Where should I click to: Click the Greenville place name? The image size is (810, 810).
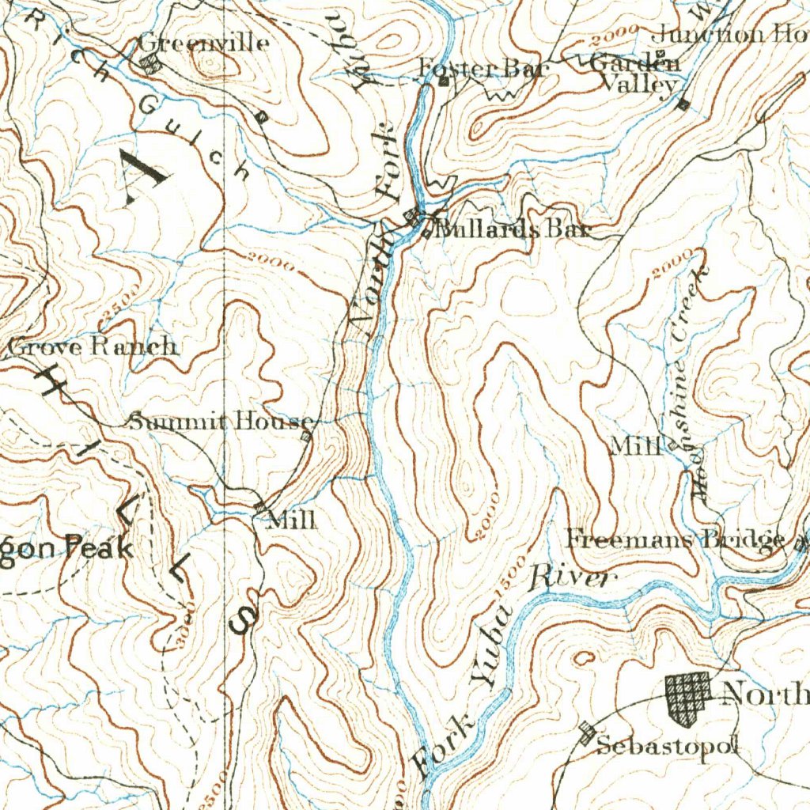pos(203,43)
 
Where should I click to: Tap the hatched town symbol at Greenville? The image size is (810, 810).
pos(150,66)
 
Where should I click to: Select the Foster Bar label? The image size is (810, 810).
pos(483,69)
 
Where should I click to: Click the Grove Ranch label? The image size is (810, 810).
pos(93,346)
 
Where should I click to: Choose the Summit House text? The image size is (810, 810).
pos(221,422)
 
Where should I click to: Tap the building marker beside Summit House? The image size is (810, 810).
pos(307,435)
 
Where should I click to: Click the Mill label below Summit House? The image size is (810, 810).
pos(292,520)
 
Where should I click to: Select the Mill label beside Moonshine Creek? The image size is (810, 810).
pos(635,446)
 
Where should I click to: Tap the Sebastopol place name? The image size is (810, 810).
pos(667,745)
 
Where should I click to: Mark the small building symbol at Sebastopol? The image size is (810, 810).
pos(586,732)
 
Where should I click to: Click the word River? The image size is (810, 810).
pos(572,578)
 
